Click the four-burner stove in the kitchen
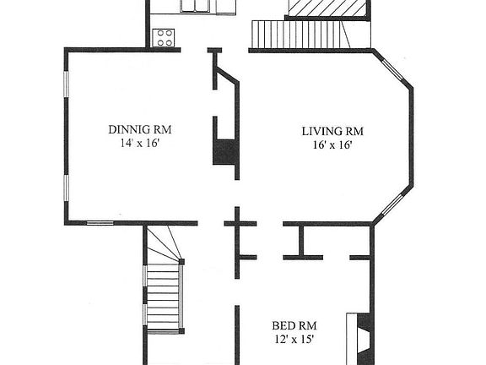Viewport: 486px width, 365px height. click(x=164, y=37)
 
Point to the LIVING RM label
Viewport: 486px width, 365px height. click(x=332, y=131)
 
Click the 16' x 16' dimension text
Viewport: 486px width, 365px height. click(x=332, y=144)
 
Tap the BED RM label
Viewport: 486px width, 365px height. click(x=294, y=325)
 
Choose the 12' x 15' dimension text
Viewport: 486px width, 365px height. click(x=294, y=339)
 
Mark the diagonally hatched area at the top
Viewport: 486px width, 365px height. click(x=328, y=8)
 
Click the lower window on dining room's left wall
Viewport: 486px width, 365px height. click(x=66, y=197)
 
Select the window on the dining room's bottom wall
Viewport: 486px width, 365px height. click(x=100, y=223)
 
